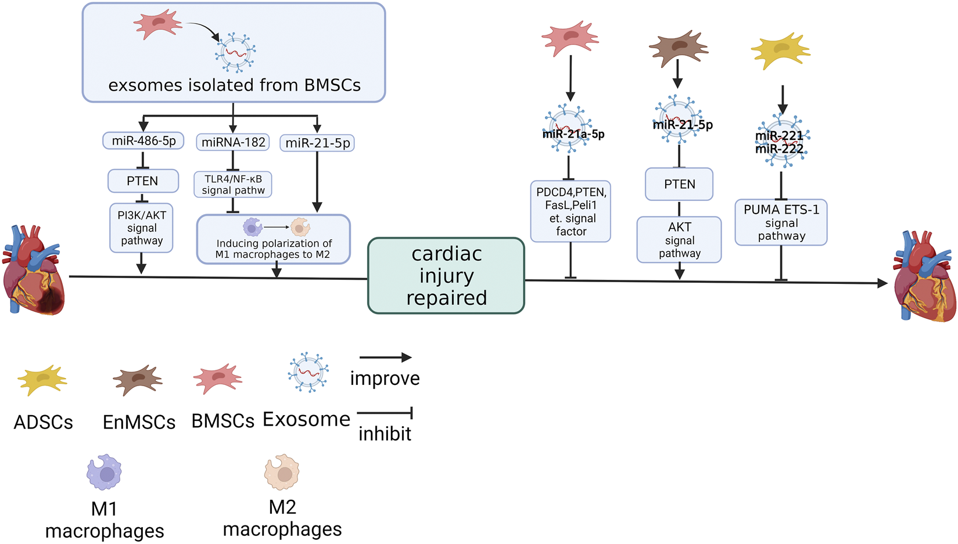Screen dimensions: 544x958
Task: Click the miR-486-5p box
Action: pyautogui.click(x=143, y=140)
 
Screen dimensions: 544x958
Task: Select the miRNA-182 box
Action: pyautogui.click(x=233, y=142)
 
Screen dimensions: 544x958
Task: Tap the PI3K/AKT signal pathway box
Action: pyautogui.click(x=142, y=228)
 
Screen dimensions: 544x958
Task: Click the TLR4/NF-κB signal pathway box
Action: pyautogui.click(x=233, y=185)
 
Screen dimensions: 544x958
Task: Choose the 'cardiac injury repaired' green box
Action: pyautogui.click(x=446, y=276)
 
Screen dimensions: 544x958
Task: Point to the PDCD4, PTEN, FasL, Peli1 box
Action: pyautogui.click(x=571, y=211)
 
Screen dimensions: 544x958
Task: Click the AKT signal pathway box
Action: pyautogui.click(x=679, y=240)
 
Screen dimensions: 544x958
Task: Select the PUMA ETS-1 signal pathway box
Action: pyautogui.click(x=781, y=222)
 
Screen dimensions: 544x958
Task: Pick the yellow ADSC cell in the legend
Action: pyautogui.click(x=42, y=380)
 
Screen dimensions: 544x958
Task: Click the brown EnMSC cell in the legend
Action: pyautogui.click(x=138, y=380)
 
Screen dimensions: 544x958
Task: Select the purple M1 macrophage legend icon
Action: pyautogui.click(x=105, y=473)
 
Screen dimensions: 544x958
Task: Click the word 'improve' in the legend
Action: pyautogui.click(x=385, y=379)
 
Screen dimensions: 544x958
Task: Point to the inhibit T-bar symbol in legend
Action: pyautogui.click(x=385, y=413)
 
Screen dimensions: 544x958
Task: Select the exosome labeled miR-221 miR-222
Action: pyautogui.click(x=782, y=140)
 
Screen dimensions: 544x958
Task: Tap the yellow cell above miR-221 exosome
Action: pyautogui.click(x=780, y=51)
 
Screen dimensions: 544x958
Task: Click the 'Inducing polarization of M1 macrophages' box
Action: pyautogui.click(x=274, y=239)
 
